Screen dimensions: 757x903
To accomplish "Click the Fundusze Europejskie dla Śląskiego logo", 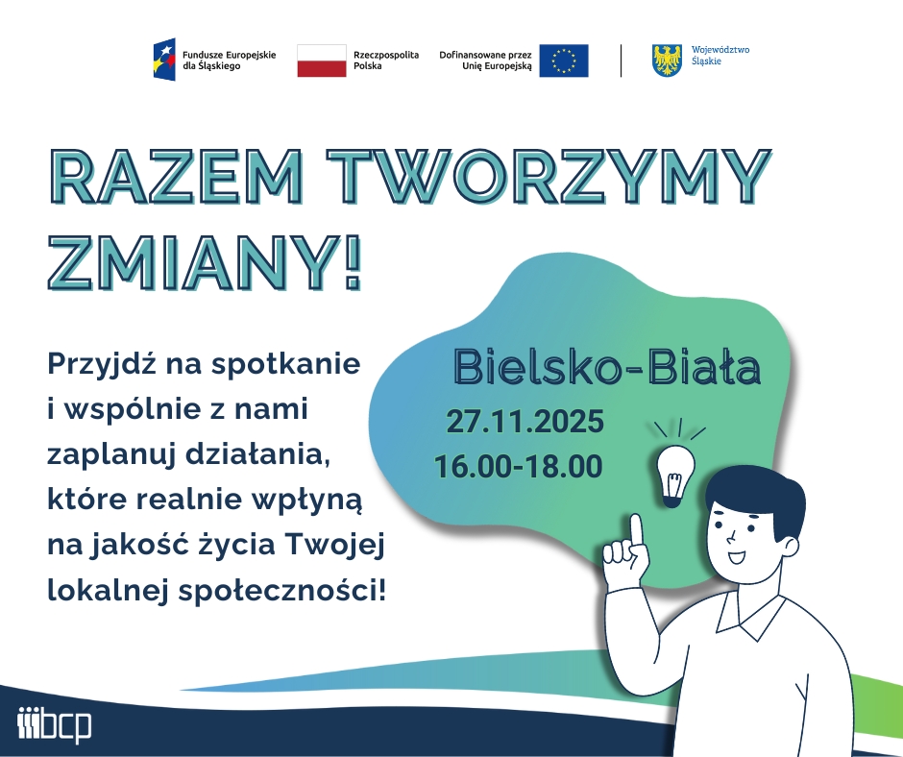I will point(213,60).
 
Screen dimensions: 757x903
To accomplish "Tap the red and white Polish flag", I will point(321,61).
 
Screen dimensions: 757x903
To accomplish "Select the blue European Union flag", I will point(563,61).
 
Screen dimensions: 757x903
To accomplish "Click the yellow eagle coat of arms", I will point(667,61).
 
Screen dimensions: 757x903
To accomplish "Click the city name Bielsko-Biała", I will point(607,365).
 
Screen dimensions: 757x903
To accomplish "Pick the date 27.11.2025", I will point(525,422).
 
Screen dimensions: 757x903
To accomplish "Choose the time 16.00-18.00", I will point(519,467).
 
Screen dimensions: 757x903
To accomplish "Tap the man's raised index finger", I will point(635,529).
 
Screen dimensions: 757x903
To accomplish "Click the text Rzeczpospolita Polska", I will point(386,61).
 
